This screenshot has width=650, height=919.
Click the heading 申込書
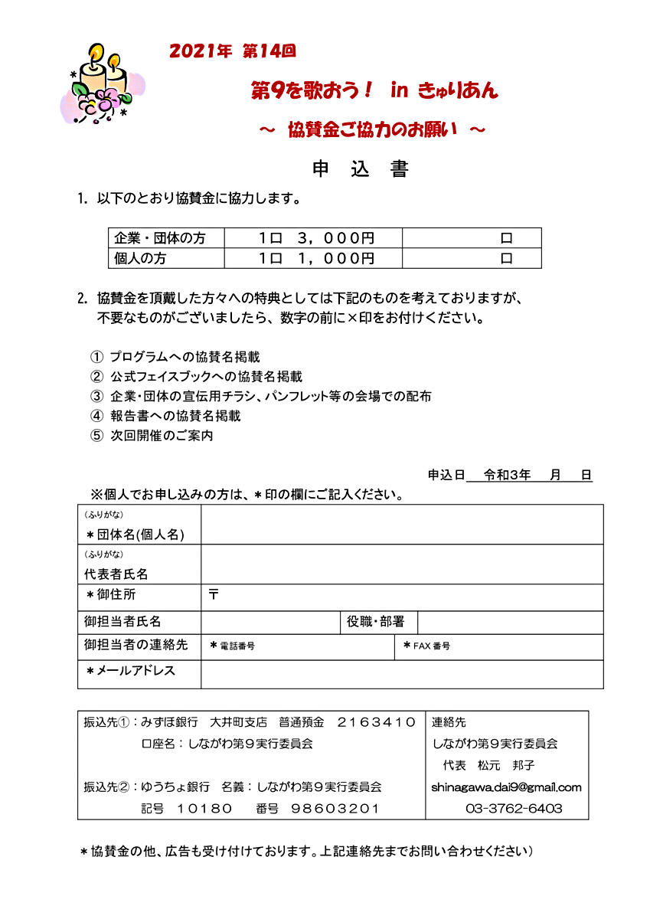coord(360,169)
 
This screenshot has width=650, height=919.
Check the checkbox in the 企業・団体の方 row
coord(506,238)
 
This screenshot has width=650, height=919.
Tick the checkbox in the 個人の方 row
coord(506,259)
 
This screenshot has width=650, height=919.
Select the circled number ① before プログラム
coord(96,357)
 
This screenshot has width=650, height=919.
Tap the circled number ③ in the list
coord(96,397)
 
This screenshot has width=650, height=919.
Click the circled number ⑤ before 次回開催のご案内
coord(96,437)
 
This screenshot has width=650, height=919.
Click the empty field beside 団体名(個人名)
coord(402,525)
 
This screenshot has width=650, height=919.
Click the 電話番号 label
coord(237,646)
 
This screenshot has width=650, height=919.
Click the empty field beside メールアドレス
coord(402,674)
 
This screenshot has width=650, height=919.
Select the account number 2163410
coord(376,721)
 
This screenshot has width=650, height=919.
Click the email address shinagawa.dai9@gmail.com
coord(506,787)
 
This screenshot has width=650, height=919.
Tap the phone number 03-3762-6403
coord(514,809)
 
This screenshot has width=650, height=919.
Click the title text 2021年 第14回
coord(232,52)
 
